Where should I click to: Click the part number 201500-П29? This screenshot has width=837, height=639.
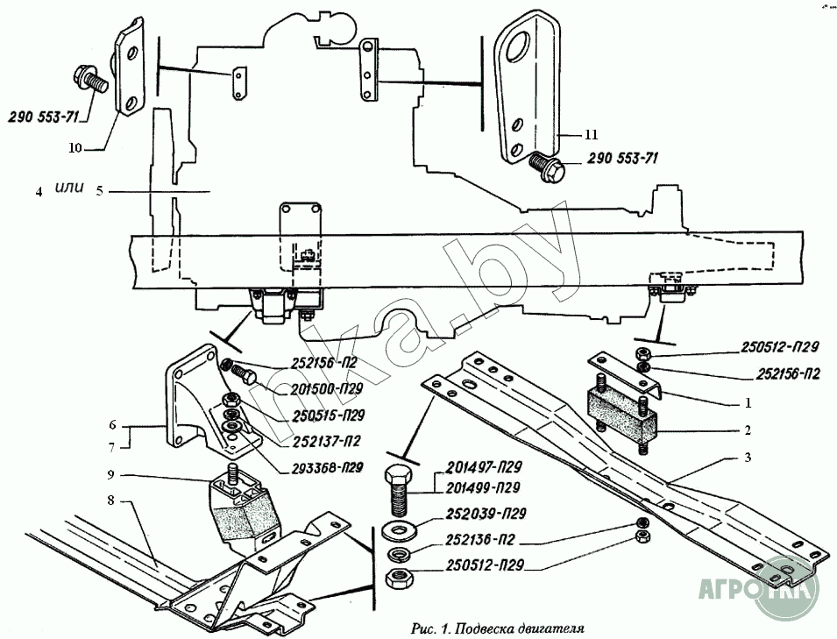[327, 389]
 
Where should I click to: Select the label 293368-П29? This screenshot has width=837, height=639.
[327, 469]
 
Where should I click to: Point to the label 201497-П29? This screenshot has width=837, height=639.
[483, 467]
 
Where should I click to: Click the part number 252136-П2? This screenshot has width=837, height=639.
[481, 540]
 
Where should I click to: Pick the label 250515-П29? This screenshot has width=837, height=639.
[329, 415]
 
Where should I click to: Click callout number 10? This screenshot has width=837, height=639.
[74, 148]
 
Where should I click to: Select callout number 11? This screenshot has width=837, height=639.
[591, 135]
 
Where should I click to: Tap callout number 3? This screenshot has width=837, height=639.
[748, 458]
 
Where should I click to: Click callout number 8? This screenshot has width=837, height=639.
[110, 501]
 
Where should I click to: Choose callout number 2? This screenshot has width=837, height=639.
[748, 430]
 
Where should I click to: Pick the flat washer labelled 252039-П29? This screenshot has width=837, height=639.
[397, 530]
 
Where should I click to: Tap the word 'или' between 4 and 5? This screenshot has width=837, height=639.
[69, 188]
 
